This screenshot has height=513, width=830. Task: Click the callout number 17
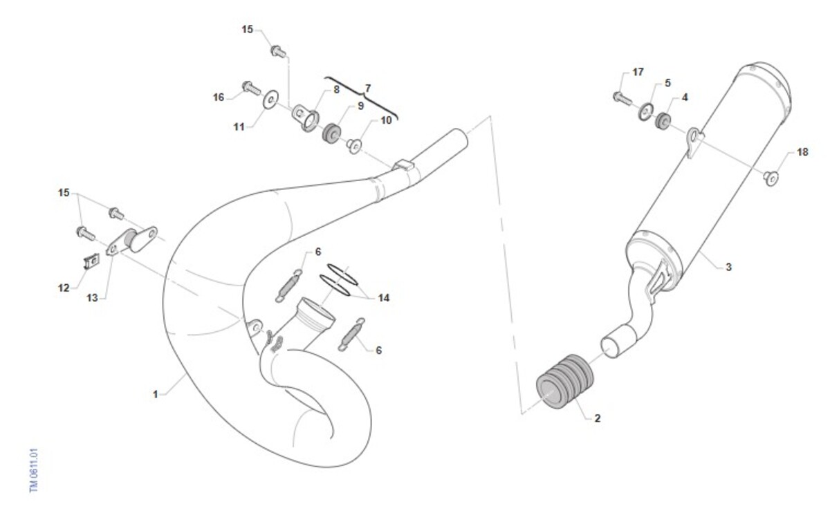638,72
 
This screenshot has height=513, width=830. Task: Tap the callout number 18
802,152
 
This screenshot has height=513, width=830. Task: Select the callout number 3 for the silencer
728,267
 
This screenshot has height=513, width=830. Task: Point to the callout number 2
598,418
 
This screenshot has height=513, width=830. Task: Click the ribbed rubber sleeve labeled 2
564,382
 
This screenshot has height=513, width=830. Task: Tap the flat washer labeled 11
271,100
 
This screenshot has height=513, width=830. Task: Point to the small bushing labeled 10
355,146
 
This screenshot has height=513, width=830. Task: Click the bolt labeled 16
252,88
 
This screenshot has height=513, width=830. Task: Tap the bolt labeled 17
622,99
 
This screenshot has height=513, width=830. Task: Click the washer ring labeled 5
646,112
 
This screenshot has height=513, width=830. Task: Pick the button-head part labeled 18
771,178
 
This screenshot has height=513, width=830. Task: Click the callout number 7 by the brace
367,88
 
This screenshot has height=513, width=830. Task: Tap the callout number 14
383,298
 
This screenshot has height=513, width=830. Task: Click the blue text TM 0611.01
34,470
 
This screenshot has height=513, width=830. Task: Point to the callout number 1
156,395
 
